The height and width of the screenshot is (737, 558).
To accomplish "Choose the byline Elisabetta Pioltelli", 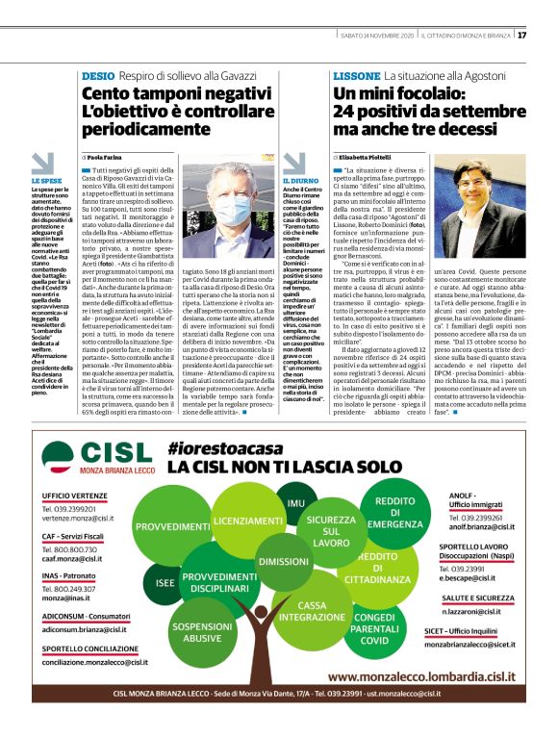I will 366,155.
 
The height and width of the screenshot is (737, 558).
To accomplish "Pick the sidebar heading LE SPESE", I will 45,180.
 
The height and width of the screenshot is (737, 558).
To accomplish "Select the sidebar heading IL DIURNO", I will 300,180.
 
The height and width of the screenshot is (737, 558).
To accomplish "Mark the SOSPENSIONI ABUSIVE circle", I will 195,631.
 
